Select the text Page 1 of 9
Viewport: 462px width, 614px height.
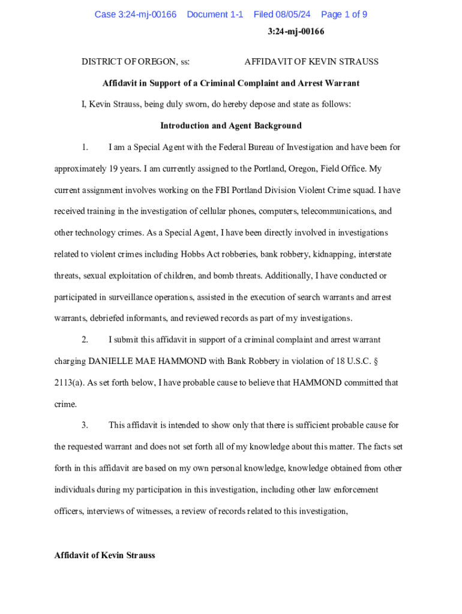point(344,14)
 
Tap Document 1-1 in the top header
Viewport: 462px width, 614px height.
point(215,14)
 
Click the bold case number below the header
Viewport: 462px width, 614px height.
point(296,32)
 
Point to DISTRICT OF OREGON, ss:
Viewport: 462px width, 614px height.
point(136,62)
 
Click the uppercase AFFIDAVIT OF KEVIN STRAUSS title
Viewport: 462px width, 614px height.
point(311,62)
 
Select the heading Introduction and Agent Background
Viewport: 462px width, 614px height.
point(231,126)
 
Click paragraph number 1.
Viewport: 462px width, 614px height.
point(85,148)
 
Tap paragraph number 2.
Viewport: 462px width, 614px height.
point(85,340)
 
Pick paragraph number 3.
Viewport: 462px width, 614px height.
point(85,425)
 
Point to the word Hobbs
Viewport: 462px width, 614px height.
point(194,254)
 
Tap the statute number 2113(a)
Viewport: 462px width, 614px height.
point(68,383)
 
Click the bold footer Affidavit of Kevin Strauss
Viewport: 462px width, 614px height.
point(104,555)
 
